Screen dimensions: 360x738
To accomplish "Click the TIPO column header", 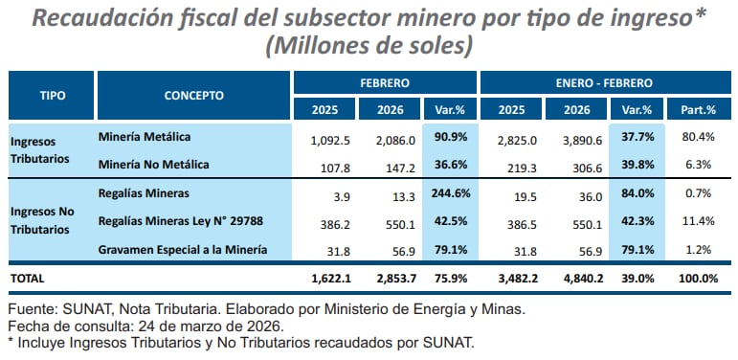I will coord(52,96).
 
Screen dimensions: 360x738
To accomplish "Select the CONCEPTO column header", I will coord(194,96).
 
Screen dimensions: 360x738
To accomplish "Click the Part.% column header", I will coord(692,109).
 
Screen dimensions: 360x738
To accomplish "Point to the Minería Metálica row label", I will coord(145,138).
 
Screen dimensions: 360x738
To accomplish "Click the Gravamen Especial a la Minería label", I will coord(182,251).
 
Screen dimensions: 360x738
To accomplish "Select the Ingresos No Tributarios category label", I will coord(46,221).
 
